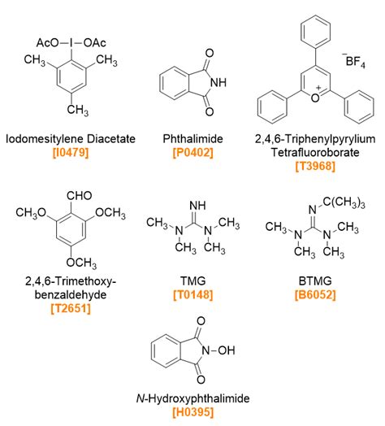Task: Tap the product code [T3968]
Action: (315, 167)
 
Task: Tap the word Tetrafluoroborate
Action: (315, 153)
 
